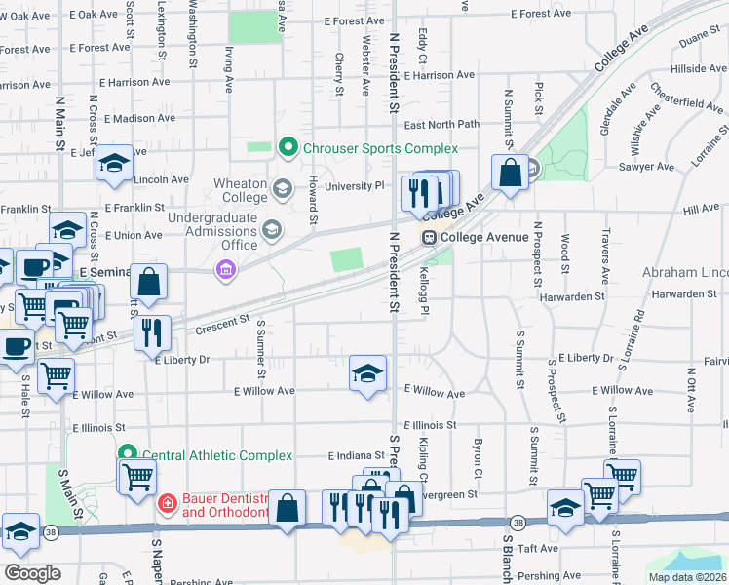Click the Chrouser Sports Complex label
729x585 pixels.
pyautogui.click(x=378, y=148)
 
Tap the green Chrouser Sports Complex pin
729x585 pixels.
pyautogui.click(x=288, y=148)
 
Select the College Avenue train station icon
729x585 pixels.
pyautogui.click(x=428, y=237)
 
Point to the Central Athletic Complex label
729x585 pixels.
pyautogui.click(x=217, y=455)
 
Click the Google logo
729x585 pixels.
pyautogui.click(x=31, y=572)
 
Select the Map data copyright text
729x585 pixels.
pyautogui.click(x=686, y=577)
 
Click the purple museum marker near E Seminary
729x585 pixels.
pyautogui.click(x=226, y=270)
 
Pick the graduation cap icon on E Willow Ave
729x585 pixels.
pyautogui.click(x=367, y=373)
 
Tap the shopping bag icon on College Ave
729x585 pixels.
pyautogui.click(x=509, y=174)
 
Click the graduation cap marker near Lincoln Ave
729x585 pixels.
pyautogui.click(x=114, y=162)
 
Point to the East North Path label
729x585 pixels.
pyautogui.click(x=441, y=125)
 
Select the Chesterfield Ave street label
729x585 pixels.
pyautogui.click(x=688, y=101)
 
